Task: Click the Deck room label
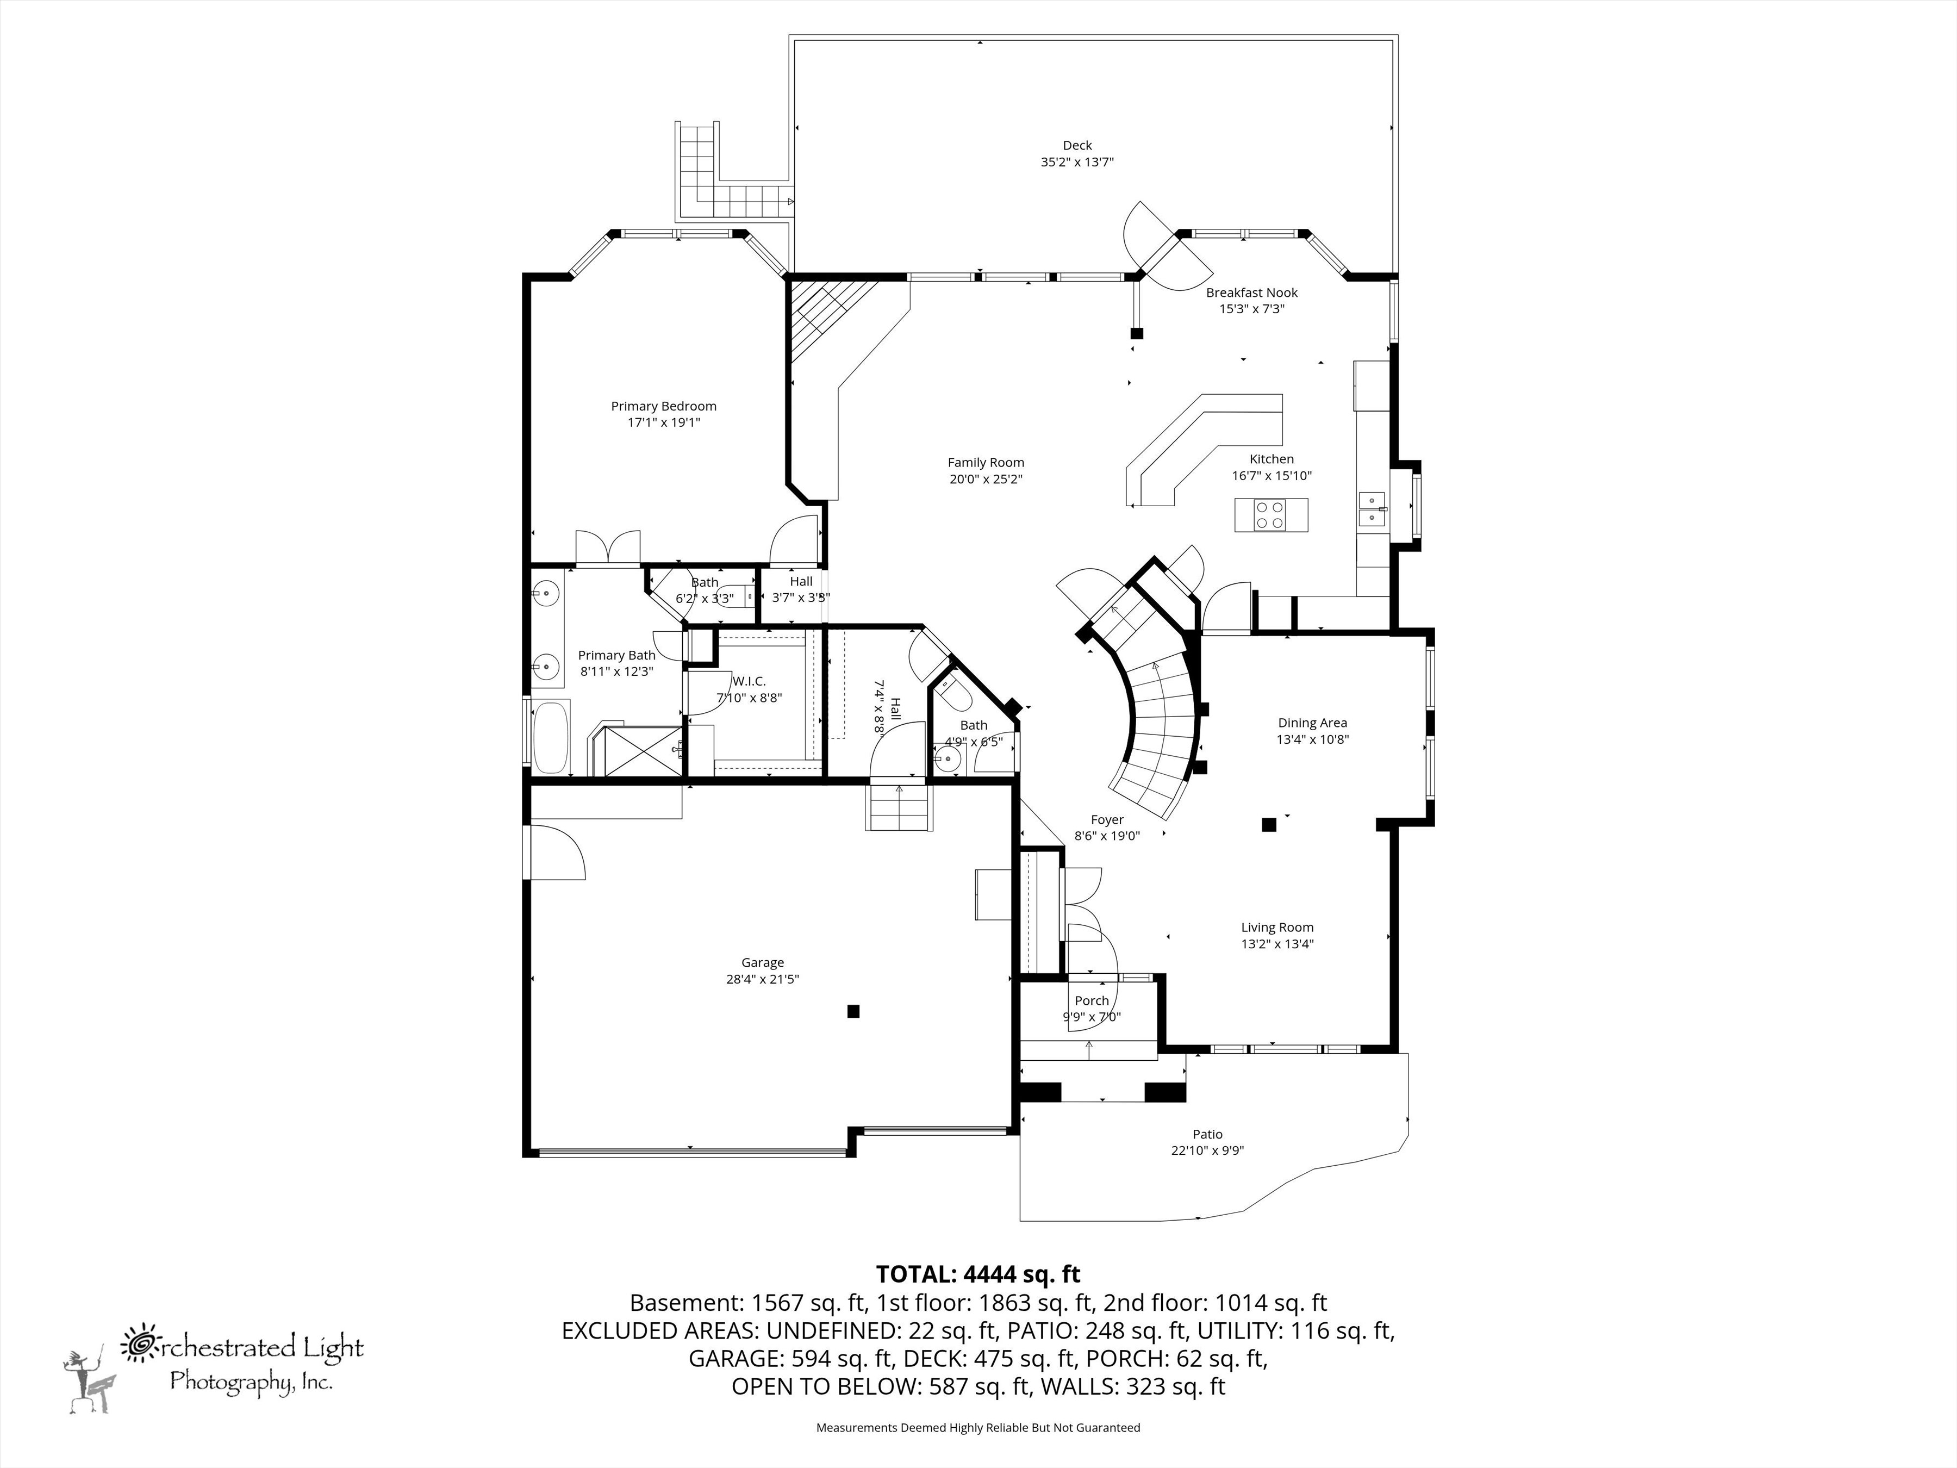click(1077, 145)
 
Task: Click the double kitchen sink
click(1372, 509)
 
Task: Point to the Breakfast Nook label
click(1251, 293)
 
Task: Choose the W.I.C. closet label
click(749, 681)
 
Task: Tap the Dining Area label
click(1312, 723)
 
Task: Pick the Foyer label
click(1107, 820)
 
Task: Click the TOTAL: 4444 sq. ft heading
click(977, 1274)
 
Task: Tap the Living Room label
click(1276, 928)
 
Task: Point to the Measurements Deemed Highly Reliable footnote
click(977, 1427)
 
